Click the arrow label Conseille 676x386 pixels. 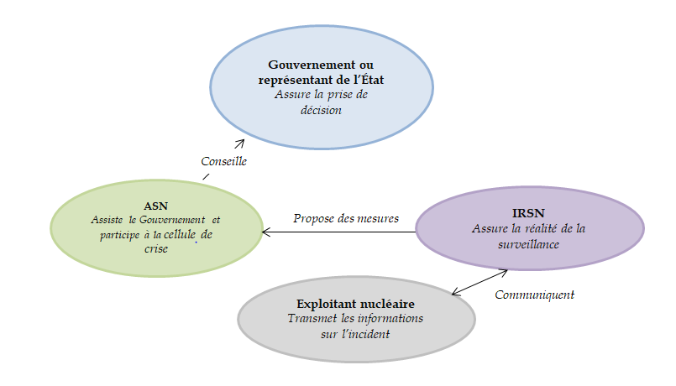[x=223, y=161]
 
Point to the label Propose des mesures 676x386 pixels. [x=345, y=218]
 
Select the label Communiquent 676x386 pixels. [x=534, y=295]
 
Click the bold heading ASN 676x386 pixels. [x=156, y=206]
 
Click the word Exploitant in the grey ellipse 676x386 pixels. [x=326, y=304]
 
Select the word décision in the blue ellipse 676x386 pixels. [x=322, y=109]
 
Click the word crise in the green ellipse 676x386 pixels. [x=156, y=248]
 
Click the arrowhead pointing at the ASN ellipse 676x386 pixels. [x=266, y=232]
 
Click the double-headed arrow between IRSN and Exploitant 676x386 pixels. [x=480, y=282]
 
